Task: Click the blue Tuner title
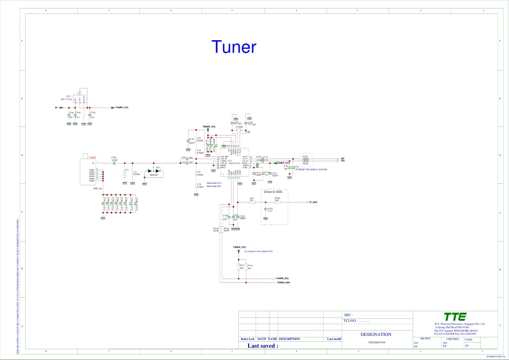tap(234, 47)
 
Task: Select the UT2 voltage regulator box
tap(80, 100)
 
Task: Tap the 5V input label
tap(56, 108)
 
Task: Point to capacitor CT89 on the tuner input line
tap(114, 162)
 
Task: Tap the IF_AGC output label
tap(313, 202)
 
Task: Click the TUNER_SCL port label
tap(283, 279)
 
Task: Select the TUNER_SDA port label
tap(283, 282)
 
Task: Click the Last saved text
tap(263, 346)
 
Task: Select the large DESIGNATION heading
tap(377, 334)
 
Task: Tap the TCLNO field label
tap(350, 321)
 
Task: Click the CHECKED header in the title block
tap(453, 339)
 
